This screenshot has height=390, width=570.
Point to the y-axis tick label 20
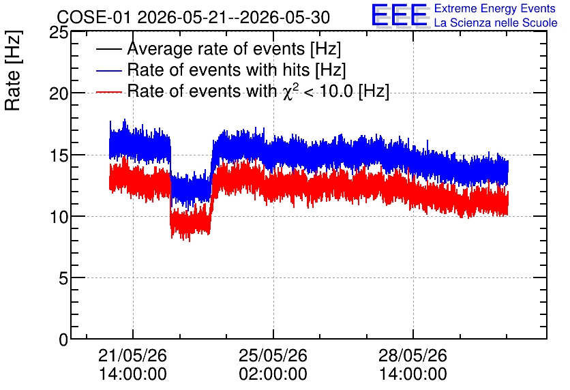click(59, 94)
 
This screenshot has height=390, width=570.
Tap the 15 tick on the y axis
click(59, 155)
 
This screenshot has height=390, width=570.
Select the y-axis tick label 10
click(59, 217)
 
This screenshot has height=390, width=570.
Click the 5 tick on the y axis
click(63, 278)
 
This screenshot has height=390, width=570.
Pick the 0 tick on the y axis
click(63, 340)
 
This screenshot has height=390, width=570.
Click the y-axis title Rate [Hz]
click(13, 70)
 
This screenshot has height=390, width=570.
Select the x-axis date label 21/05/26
click(133, 355)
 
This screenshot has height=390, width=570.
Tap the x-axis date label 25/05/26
click(273, 355)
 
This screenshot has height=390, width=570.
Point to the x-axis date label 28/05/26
click(413, 355)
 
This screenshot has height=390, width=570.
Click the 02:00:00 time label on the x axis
click(273, 374)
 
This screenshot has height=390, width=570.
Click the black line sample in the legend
click(108, 49)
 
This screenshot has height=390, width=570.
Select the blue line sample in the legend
click(108, 70)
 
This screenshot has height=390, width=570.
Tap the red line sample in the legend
click(108, 92)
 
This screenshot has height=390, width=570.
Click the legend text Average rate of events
click(216, 48)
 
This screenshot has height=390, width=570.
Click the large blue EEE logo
click(400, 15)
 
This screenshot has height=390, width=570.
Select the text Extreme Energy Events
click(495, 8)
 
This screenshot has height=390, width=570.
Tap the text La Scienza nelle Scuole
click(496, 22)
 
